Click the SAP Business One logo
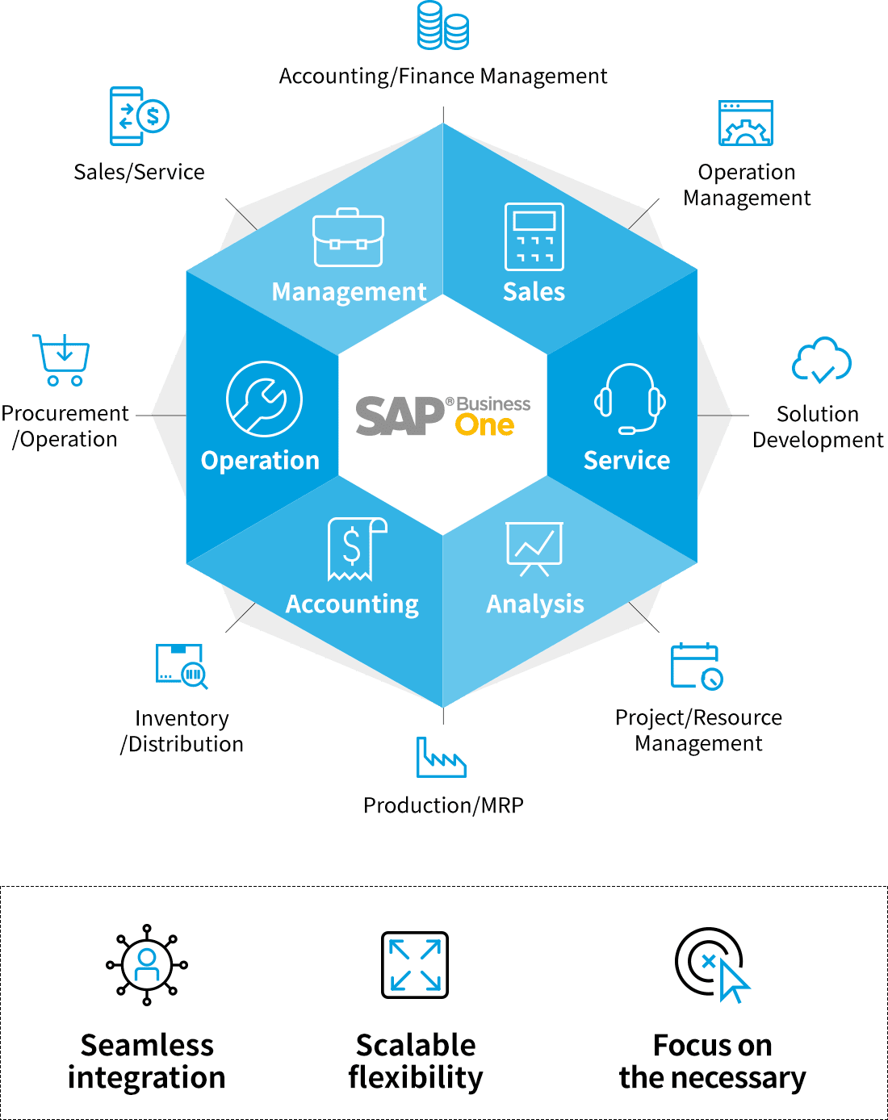tap(442, 416)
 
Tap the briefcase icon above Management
tap(348, 238)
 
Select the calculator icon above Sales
tap(534, 236)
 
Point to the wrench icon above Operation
tap(264, 399)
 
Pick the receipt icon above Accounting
tap(356, 549)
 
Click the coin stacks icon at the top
tap(443, 26)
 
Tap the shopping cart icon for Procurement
tap(62, 360)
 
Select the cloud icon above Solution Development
tap(821, 360)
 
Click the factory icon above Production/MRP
tap(441, 758)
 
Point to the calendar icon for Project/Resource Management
tap(696, 667)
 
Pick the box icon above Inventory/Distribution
tap(182, 666)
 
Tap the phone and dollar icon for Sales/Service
tap(138, 116)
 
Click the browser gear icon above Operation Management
tap(746, 123)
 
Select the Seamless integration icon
tap(147, 965)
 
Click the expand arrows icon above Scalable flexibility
tap(415, 965)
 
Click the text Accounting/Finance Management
tap(443, 77)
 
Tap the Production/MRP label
tap(443, 805)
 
